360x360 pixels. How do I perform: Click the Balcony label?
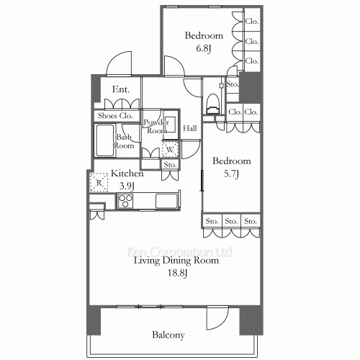168,335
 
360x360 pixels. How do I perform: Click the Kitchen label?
127,174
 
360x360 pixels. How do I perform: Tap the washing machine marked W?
170,150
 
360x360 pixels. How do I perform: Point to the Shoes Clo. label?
115,116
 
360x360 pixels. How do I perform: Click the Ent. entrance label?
121,90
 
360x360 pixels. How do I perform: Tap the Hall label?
190,129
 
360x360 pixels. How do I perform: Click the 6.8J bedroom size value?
204,49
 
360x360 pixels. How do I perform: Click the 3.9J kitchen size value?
127,186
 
